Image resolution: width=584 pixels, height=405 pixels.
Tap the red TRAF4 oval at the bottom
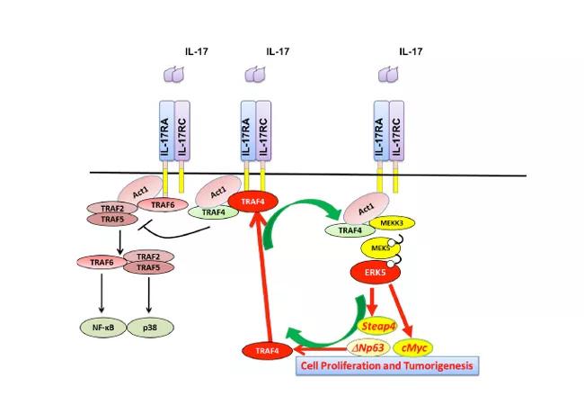point(267,348)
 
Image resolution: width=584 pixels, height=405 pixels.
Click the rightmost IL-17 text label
point(411,52)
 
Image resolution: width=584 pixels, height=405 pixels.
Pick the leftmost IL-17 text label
point(196,52)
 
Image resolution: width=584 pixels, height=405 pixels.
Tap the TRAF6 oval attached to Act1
point(163,205)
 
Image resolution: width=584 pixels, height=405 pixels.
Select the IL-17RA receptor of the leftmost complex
point(165,130)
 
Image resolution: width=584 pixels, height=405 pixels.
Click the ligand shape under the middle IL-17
point(254,78)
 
